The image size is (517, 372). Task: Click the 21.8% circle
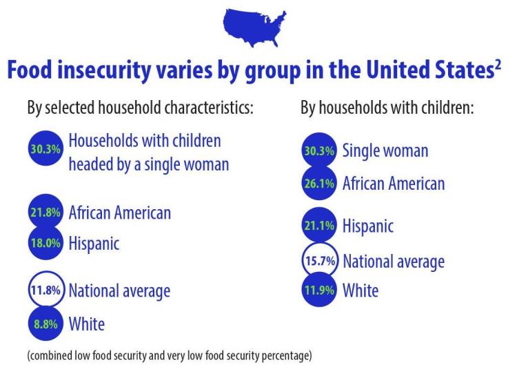pos(45,213)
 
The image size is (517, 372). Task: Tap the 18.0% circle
pos(45,244)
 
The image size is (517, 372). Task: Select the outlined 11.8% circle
pos(45,291)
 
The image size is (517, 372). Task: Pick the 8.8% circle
pos(45,322)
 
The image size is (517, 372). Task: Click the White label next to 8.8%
pos(86,322)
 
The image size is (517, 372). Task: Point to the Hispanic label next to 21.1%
pos(367,226)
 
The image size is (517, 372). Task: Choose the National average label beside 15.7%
pos(393,262)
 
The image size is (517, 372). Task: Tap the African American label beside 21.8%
pos(119,213)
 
